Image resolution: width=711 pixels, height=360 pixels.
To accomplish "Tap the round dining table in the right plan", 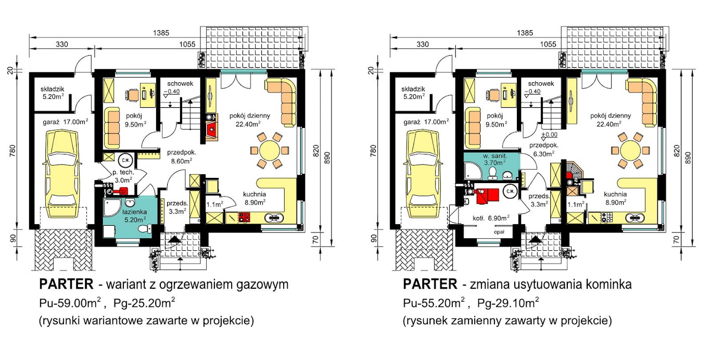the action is [630, 150].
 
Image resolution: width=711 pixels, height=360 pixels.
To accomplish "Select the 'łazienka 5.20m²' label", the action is [135, 215].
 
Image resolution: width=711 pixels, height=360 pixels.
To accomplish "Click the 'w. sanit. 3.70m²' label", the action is [495, 159].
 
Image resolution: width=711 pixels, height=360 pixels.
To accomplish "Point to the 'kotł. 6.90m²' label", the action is [491, 218].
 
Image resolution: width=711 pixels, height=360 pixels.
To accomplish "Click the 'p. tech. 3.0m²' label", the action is [123, 176].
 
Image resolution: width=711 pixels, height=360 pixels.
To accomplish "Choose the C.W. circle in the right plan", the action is [510, 191].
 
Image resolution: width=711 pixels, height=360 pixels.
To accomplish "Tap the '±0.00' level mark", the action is [549, 135].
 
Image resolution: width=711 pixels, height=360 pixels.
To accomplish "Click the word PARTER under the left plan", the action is [66, 284].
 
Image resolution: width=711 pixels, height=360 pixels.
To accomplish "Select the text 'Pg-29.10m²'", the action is [508, 303].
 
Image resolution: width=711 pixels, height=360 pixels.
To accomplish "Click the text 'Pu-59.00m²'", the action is [70, 303].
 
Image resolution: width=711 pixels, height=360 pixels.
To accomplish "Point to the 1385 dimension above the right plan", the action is [525, 33].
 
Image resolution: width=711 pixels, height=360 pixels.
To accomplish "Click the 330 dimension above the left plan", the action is [62, 44].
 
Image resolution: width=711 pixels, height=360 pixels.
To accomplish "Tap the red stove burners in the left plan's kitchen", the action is [244, 217].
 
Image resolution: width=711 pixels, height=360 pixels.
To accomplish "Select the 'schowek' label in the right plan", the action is [541, 83].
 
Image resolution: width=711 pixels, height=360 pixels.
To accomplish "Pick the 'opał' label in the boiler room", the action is [499, 232].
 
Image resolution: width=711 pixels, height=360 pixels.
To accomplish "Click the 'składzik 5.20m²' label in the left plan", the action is [53, 93].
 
